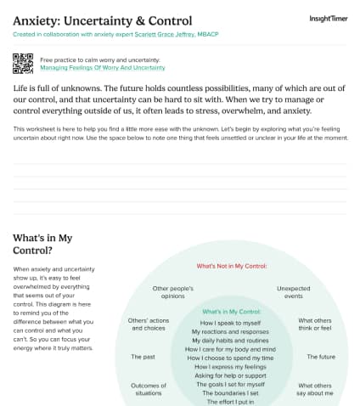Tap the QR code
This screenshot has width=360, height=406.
(23, 63)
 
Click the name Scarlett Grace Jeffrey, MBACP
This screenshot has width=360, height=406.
(166, 34)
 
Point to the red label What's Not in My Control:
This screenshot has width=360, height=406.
(232, 266)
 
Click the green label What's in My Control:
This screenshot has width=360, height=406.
(232, 312)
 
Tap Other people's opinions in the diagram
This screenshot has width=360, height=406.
(173, 292)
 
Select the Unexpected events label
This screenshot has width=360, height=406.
(295, 292)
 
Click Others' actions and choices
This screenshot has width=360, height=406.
(147, 324)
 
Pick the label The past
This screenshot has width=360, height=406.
(143, 357)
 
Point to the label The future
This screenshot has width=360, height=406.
(320, 357)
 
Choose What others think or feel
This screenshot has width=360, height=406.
(315, 324)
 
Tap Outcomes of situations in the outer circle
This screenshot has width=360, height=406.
(149, 389)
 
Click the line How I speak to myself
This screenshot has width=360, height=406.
(232, 323)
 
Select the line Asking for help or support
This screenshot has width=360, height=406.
(232, 375)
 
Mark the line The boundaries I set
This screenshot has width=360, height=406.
(232, 392)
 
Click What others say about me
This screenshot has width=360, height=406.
(315, 389)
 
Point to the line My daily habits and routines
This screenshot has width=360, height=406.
(232, 340)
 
